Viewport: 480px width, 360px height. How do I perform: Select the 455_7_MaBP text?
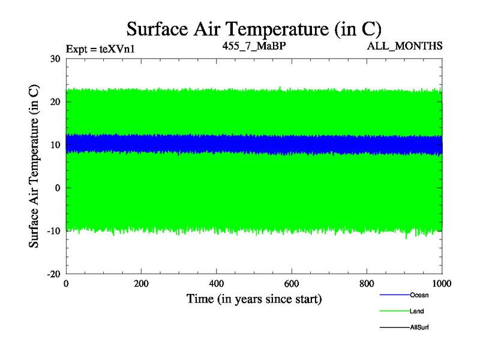click(x=253, y=46)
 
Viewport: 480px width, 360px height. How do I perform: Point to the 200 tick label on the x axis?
click(x=141, y=284)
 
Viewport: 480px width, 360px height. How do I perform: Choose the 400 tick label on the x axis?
click(x=217, y=284)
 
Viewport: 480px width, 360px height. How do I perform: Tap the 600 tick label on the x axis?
click(x=292, y=284)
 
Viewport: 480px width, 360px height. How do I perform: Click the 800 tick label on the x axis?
click(x=367, y=284)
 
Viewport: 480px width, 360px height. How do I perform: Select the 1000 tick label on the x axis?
click(x=442, y=284)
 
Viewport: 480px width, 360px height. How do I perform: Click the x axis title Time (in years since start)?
click(x=254, y=299)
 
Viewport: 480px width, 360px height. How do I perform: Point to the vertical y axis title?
click(x=35, y=166)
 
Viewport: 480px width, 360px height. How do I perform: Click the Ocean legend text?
click(x=419, y=295)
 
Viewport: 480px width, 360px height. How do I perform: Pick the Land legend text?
click(x=418, y=311)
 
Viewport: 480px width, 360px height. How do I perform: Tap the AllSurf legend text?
click(x=419, y=328)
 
